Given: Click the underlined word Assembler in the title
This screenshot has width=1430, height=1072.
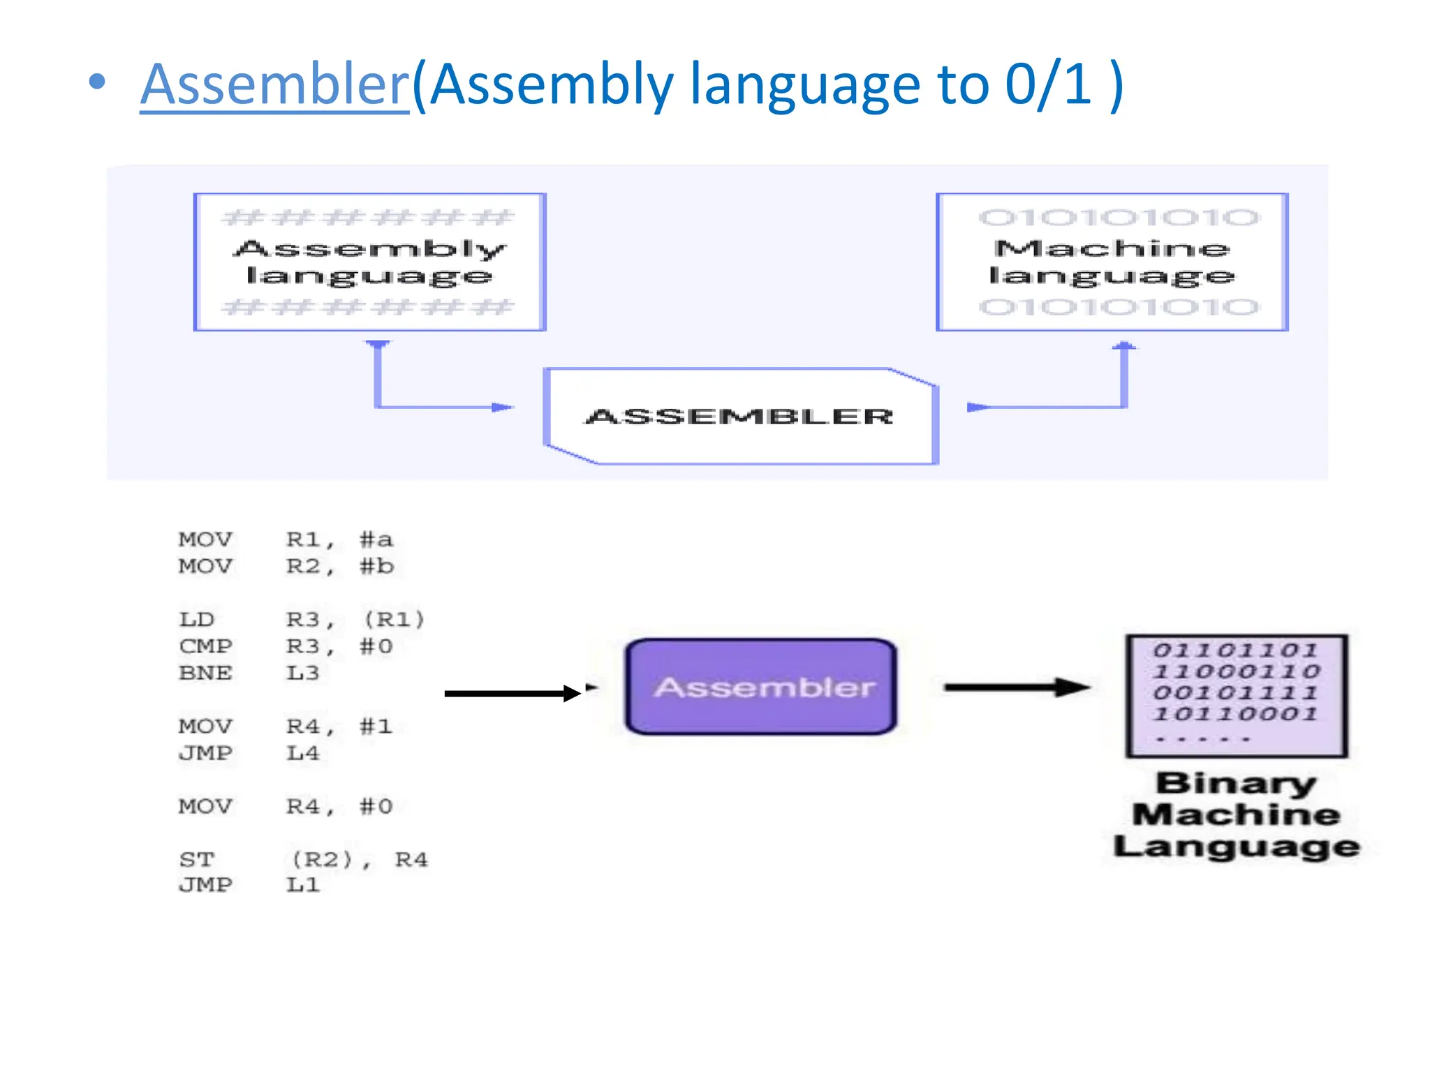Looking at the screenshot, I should tap(274, 84).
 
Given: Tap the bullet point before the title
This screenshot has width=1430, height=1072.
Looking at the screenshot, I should tap(98, 82).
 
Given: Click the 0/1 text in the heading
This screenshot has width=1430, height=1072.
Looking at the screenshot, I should tap(1047, 84).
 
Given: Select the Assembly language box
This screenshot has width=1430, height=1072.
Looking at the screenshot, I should tap(369, 262).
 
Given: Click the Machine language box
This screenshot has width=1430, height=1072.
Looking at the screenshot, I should tap(1112, 262).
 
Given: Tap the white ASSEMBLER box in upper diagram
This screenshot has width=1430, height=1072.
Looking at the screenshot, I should tap(740, 416).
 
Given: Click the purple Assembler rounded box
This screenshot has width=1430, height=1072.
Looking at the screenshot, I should tap(762, 687).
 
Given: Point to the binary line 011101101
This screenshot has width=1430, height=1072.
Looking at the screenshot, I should tap(1234, 650).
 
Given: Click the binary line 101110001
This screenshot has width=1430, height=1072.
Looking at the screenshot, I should tap(1234, 714).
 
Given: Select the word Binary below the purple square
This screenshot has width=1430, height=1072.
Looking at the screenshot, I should tap(1236, 783).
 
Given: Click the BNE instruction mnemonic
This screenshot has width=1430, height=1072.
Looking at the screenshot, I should tap(205, 673).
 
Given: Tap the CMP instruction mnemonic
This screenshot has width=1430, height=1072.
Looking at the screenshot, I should tap(205, 646).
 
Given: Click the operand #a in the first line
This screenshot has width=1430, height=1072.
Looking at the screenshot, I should tap(376, 539).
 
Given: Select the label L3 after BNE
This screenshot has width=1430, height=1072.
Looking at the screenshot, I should tap(302, 673).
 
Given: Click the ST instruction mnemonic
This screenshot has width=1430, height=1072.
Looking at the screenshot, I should tap(196, 859).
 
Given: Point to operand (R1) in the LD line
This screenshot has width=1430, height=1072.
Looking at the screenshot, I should tap(395, 620).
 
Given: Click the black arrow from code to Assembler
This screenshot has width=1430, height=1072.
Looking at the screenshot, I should tap(513, 693).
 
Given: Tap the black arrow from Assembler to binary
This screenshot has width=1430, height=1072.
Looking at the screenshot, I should tap(1016, 687).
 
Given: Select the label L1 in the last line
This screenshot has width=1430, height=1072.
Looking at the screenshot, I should tap(302, 885).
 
